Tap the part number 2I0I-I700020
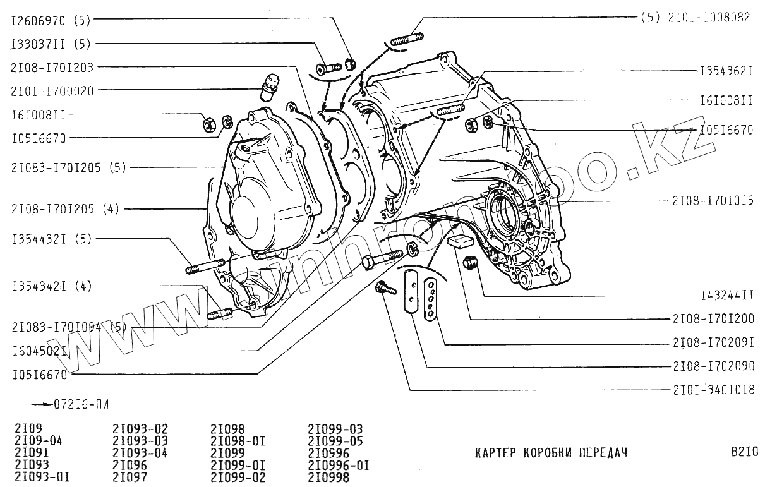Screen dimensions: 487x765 pyautogui.click(x=52, y=91)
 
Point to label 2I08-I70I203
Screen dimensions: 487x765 pyautogui.click(x=52, y=67)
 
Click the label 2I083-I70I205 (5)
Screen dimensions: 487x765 pyautogui.click(x=69, y=168)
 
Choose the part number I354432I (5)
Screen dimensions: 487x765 pyautogui.click(x=51, y=239)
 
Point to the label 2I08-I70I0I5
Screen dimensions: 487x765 pyautogui.click(x=713, y=201)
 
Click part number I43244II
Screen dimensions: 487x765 pyautogui.click(x=727, y=295)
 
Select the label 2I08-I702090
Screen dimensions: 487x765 pyautogui.click(x=713, y=366)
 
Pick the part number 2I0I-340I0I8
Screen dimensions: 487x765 pyautogui.click(x=713, y=390)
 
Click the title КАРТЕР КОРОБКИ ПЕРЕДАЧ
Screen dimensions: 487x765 pyautogui.click(x=551, y=453)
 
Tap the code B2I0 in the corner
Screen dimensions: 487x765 pyautogui.click(x=744, y=453)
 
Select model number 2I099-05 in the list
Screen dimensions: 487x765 pyautogui.click(x=335, y=441)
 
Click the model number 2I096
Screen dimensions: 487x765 pyautogui.click(x=130, y=465)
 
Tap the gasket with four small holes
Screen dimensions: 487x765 pyautogui.click(x=432, y=299)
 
